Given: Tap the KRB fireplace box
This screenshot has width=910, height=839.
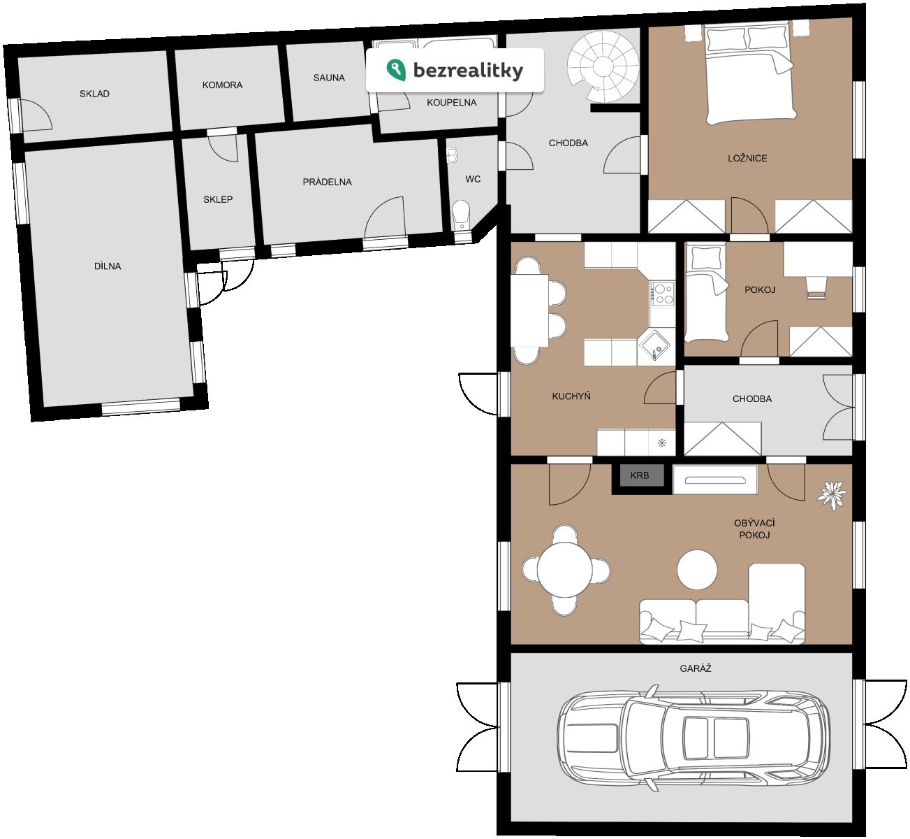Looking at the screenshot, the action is tap(640, 475).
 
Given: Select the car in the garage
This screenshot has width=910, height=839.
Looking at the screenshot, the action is tap(693, 738).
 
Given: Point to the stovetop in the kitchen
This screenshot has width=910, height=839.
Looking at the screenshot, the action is tap(663, 294).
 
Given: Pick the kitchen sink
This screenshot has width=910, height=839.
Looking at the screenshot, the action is tap(654, 346).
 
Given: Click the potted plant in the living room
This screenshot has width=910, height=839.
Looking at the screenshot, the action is tap(832, 495).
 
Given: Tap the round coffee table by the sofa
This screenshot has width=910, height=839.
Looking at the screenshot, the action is tap(697, 570).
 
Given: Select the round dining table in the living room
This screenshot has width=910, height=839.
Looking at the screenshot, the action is tap(565, 570).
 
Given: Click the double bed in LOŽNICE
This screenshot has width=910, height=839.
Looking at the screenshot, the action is tap(750, 74).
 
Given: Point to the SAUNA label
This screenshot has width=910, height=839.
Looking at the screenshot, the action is tap(329, 78).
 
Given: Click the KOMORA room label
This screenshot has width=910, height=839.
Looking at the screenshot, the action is tap(222, 85).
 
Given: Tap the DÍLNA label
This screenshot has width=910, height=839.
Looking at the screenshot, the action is tap(108, 266).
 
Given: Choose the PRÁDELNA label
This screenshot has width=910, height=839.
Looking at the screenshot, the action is tap(327, 182).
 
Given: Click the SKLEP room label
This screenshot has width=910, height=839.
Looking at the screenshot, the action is tap(218, 199).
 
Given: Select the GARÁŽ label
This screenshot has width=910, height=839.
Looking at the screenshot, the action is tap(696, 668).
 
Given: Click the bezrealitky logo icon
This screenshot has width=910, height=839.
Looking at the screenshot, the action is tap(396, 70).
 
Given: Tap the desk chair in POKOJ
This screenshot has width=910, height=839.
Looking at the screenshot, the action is tap(816, 287).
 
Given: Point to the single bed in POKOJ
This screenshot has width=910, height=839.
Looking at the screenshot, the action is tap(706, 294).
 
